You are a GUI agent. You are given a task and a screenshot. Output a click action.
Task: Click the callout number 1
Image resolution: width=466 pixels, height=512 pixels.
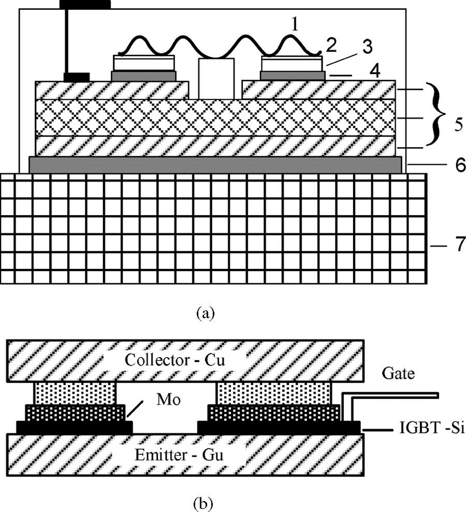click(x=295, y=24)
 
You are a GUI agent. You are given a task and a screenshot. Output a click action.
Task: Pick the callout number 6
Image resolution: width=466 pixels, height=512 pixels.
click(x=446, y=164)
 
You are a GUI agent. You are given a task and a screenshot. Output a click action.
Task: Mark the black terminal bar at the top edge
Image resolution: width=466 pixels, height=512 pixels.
click(x=85, y=4)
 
